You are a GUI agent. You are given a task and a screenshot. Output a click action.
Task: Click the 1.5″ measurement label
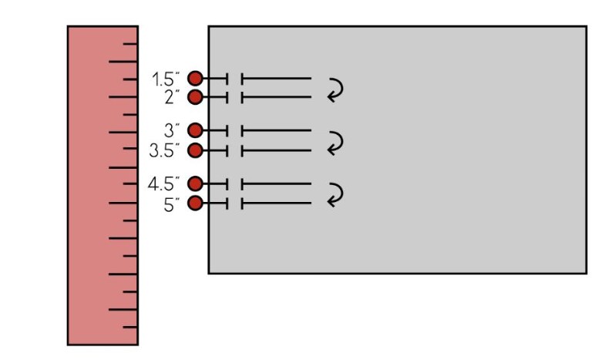(166, 79)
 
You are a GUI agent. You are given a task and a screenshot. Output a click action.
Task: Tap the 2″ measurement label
(170, 97)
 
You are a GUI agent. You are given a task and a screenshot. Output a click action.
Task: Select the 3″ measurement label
(171, 130)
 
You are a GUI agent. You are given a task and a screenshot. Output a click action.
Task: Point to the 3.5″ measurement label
(164, 150)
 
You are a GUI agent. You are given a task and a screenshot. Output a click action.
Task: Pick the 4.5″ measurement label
(164, 183)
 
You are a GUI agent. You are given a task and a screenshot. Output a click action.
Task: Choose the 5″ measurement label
(170, 204)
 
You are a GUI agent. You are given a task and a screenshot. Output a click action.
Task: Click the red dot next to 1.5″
(195, 78)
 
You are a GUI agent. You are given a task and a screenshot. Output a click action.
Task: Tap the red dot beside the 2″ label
(195, 97)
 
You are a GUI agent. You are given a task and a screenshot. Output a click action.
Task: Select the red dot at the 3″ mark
(195, 130)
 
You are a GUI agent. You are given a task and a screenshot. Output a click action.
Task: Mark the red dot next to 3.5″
(195, 150)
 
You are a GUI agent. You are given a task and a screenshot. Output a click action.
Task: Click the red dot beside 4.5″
(195, 183)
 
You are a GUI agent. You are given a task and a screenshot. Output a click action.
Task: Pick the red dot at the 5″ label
(195, 203)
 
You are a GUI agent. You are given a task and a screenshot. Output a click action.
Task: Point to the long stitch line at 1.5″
(277, 78)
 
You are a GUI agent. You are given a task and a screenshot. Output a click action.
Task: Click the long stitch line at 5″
(277, 203)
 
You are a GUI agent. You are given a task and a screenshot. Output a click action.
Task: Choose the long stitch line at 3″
(277, 130)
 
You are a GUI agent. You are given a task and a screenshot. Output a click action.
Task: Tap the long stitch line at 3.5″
(277, 150)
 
